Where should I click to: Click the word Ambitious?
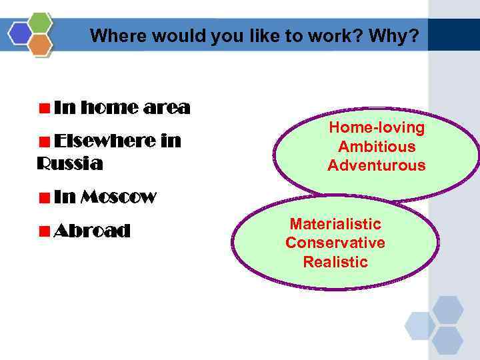[377, 147]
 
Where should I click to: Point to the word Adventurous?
[377, 165]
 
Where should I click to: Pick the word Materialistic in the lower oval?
[335, 223]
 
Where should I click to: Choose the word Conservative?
[335, 243]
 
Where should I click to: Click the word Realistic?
[335, 262]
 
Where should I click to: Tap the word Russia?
[70, 163]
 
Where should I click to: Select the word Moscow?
[118, 197]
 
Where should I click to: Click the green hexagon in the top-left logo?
[41, 22]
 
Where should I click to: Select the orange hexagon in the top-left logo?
[41, 45]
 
